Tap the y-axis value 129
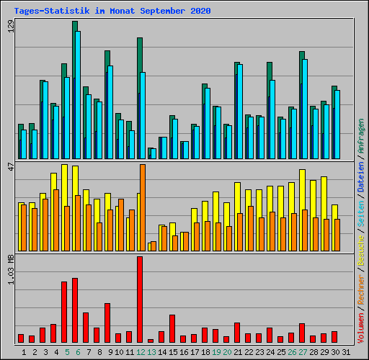[10, 27]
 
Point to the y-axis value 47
[10, 168]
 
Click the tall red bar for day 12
[140, 299]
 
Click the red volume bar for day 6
[75, 310]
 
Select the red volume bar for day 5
[64, 312]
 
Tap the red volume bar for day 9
[107, 323]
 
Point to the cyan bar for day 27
[305, 108]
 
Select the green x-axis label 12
[140, 351]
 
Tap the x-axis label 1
[24, 351]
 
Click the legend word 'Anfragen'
[361, 138]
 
